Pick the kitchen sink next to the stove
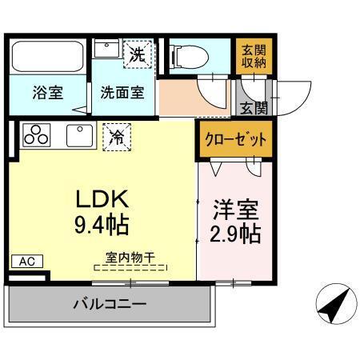(79, 135)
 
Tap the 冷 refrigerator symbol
(117, 136)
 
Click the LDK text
(102, 198)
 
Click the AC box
(26, 261)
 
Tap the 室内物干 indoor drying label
(130, 257)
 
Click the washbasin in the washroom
(106, 49)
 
